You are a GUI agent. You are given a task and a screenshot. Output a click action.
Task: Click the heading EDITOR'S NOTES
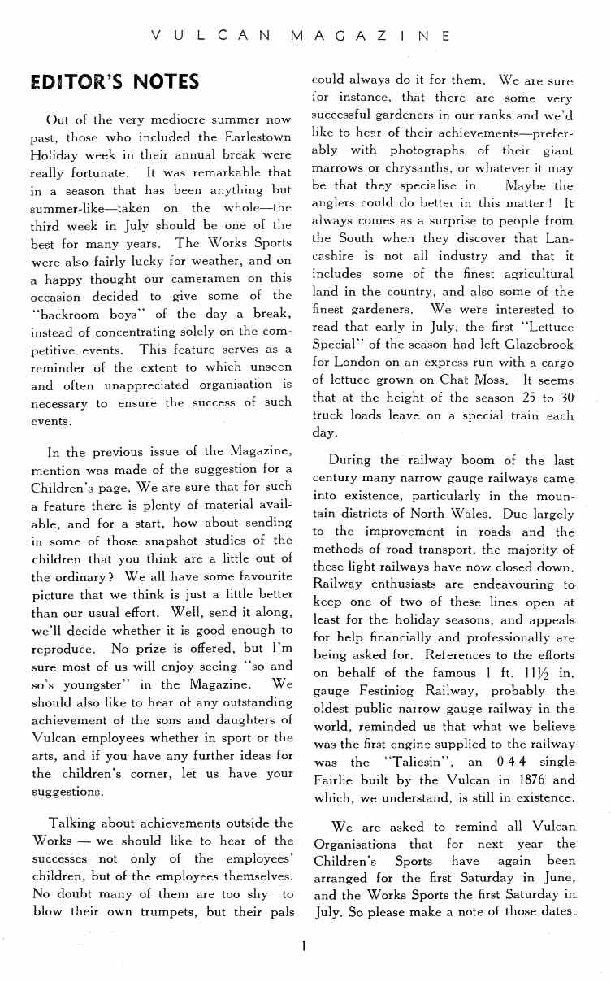114,82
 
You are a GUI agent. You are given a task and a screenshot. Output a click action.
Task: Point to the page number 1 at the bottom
302,945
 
